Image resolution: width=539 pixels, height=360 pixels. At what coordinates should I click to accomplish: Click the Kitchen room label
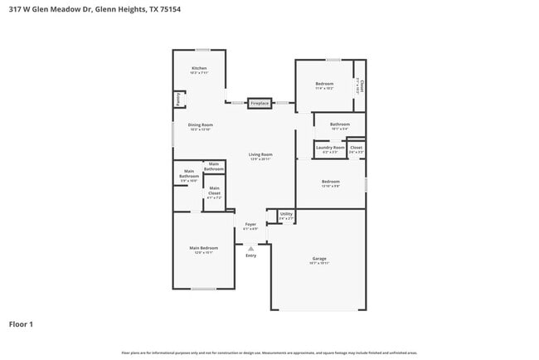(199, 68)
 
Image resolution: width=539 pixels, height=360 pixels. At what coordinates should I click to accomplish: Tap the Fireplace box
(260, 103)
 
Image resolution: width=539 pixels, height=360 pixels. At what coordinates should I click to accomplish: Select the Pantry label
(177, 100)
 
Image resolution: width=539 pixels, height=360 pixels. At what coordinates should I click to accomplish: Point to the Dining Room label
(201, 125)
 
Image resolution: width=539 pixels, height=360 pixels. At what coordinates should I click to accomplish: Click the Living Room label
(260, 154)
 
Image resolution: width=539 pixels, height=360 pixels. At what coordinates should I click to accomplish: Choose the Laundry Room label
(329, 148)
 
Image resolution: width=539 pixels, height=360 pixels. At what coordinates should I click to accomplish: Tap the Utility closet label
(286, 214)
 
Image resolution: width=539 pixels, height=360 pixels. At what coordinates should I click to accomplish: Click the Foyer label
(250, 224)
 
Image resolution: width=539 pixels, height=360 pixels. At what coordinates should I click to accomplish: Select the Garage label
(319, 259)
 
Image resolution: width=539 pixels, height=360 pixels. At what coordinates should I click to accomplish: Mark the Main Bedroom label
(203, 248)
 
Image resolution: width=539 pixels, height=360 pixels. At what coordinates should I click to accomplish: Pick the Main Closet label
(214, 193)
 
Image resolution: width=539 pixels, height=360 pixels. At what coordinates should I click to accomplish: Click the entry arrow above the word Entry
(250, 247)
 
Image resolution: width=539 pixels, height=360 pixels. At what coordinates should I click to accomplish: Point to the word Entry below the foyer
(250, 255)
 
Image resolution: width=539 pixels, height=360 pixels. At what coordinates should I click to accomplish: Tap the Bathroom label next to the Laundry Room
(341, 125)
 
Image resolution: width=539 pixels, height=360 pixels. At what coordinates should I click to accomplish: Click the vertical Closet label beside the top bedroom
(361, 85)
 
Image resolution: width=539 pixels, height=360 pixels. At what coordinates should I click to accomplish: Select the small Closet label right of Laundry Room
(356, 148)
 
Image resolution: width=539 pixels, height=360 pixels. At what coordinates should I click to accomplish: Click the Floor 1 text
(21, 324)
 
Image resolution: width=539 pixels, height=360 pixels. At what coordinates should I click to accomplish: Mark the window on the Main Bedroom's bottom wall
(203, 289)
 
